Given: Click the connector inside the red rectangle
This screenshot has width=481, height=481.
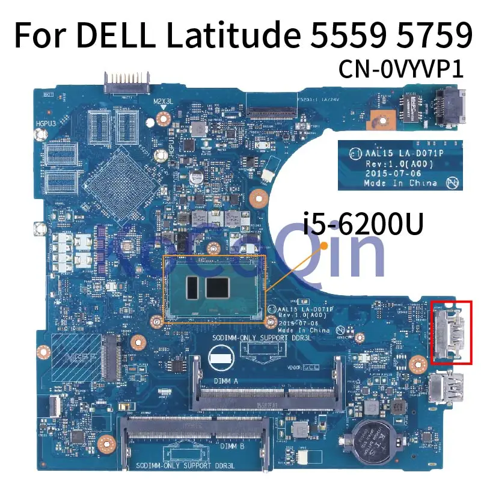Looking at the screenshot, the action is coord(451,332).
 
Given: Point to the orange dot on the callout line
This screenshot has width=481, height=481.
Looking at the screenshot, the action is coord(324,245).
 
